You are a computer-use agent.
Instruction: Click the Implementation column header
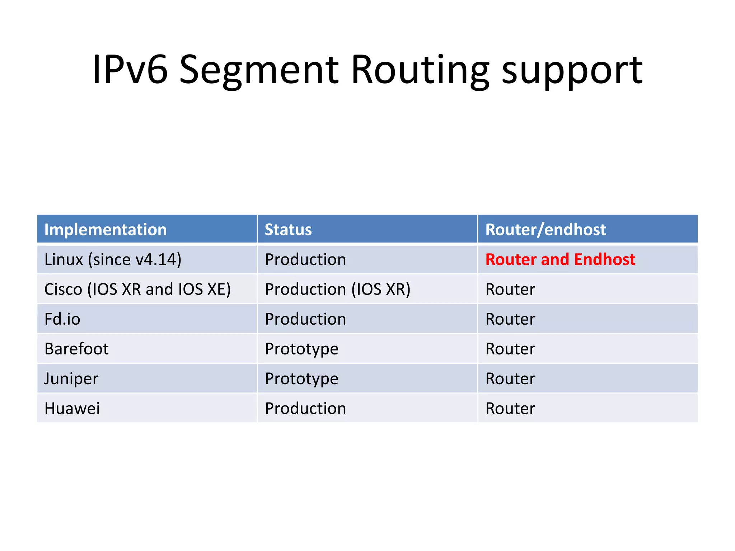(106, 230)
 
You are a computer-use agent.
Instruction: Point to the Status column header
(288, 230)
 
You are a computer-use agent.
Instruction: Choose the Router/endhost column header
(546, 230)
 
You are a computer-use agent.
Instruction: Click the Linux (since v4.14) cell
(113, 259)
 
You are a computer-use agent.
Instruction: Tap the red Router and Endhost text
(560, 259)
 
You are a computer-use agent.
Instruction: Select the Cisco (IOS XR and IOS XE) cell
(137, 289)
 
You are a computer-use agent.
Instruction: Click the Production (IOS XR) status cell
(337, 289)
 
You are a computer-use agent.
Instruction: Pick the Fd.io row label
(62, 319)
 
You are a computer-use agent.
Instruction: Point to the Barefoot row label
(76, 349)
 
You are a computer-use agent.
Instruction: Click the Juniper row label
(71, 379)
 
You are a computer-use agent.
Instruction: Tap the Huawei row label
(72, 408)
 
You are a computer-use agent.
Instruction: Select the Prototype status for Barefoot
(301, 349)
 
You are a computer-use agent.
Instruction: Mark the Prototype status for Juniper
(301, 379)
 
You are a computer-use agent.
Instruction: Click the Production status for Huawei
(305, 408)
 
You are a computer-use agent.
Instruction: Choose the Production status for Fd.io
(305, 319)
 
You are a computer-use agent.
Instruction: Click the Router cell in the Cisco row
(510, 289)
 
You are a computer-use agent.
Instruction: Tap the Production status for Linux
(305, 259)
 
